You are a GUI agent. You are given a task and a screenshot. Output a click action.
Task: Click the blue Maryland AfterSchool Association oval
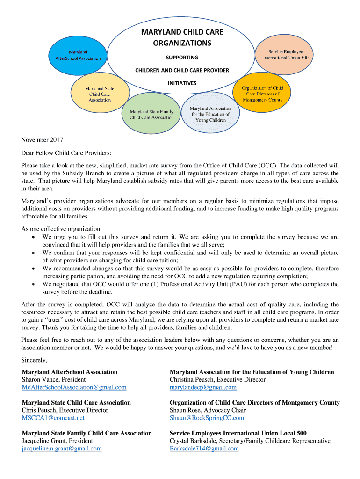click(x=78, y=55)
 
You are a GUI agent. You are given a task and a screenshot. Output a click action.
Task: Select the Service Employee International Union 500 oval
click(x=285, y=55)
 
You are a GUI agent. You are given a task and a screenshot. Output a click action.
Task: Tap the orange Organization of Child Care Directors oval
click(x=262, y=94)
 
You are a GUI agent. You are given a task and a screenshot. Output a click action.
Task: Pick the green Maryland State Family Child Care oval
click(x=151, y=115)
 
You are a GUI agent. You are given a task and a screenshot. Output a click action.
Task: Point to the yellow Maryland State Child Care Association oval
click(x=99, y=94)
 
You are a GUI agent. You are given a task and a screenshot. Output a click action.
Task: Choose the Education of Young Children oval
click(x=210, y=114)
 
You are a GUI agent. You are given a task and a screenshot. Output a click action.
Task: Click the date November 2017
click(x=42, y=140)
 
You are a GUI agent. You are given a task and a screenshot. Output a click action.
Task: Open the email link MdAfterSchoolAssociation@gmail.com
click(x=74, y=387)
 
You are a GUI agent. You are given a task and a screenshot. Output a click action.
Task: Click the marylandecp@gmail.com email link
click(x=203, y=387)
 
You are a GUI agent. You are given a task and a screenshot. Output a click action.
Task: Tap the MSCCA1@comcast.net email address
click(x=53, y=418)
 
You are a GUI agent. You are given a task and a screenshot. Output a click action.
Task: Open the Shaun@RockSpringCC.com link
click(x=207, y=418)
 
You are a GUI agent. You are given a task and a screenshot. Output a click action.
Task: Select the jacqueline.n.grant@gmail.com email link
click(x=62, y=449)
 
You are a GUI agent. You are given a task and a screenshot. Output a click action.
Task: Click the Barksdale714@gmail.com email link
click(x=204, y=449)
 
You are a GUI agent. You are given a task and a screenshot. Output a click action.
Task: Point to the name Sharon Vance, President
click(x=54, y=380)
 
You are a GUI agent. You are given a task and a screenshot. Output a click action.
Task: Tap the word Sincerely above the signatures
click(x=34, y=360)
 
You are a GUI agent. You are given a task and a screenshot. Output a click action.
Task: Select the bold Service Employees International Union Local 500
click(x=238, y=433)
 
